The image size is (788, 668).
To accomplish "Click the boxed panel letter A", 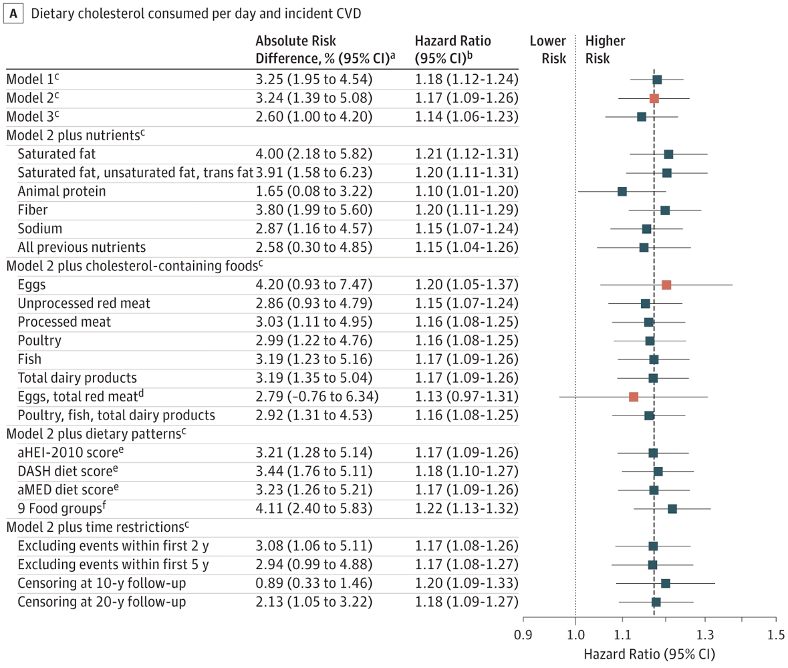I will [x=12, y=14].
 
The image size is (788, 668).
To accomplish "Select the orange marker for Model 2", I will [x=654, y=98].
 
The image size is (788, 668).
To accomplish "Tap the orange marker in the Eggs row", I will [x=666, y=285].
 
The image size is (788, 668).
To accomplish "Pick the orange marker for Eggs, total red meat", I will [x=634, y=397].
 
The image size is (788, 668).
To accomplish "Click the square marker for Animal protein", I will [x=622, y=192].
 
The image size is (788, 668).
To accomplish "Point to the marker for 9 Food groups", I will [x=672, y=509].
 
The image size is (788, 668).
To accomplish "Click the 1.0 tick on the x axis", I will [x=575, y=632].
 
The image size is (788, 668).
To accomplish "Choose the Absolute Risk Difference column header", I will [x=326, y=49].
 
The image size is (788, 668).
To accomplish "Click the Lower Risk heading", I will [x=547, y=49].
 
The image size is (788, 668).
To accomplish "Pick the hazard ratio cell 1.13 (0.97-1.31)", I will [x=466, y=397].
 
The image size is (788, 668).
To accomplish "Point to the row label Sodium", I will [x=37, y=228].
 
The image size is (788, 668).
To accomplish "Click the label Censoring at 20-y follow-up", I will [x=102, y=602].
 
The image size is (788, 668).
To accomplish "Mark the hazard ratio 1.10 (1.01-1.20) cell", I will [x=466, y=192].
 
